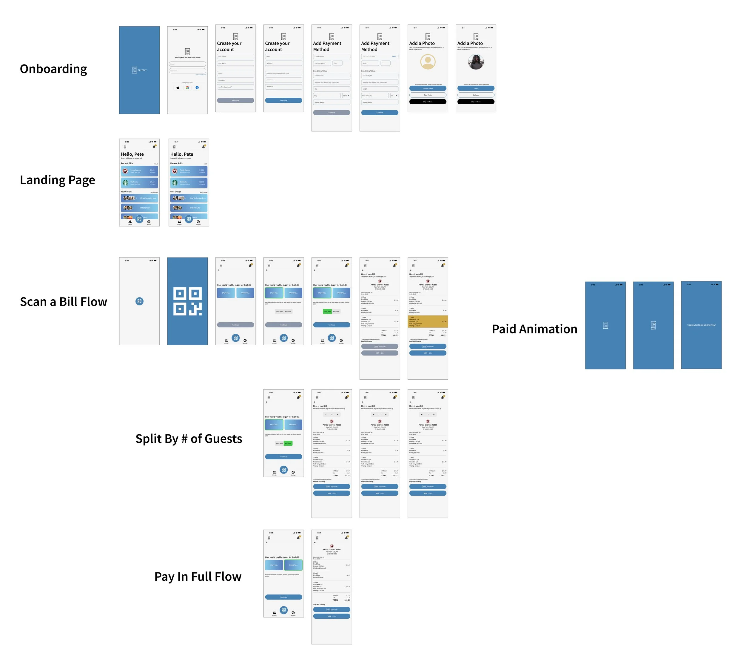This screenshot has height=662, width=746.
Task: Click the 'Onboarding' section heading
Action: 53,69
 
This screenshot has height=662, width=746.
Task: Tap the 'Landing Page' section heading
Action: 57,180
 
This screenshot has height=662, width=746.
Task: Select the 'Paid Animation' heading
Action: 534,329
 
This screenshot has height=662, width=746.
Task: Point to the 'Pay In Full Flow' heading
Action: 198,577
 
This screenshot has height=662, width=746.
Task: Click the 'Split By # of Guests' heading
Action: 189,439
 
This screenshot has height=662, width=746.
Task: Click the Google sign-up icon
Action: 187,88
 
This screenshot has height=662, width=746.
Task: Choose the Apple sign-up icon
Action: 178,88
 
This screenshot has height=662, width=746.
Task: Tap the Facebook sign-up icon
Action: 197,88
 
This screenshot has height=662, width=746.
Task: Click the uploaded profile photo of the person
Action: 476,62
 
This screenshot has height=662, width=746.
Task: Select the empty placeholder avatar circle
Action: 428,62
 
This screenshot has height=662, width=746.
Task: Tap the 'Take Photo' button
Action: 428,95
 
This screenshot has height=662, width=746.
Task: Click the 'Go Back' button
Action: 476,95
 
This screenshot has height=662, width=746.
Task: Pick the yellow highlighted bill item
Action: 427,321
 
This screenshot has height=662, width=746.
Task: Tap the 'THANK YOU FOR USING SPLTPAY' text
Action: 701,325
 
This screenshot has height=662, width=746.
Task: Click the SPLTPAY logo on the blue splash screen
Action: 139,70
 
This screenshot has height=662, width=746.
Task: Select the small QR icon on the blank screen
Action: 139,301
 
